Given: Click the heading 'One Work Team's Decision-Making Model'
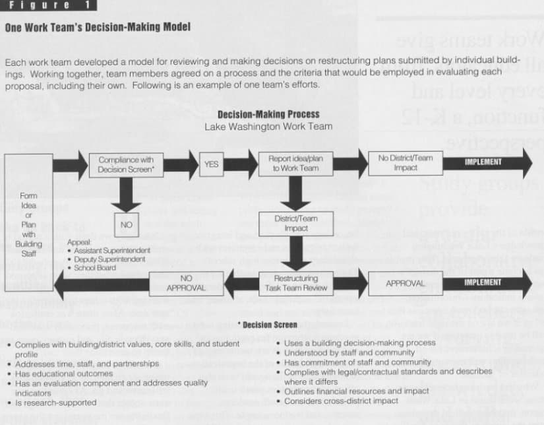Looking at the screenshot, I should point(98,28).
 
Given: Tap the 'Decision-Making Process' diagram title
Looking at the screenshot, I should point(268,114).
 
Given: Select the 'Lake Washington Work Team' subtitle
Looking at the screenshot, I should point(268,126).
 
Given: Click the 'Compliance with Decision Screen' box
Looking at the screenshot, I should point(126,164).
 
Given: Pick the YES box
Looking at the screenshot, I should point(211,164).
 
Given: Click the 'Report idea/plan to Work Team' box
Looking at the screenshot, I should point(296,164).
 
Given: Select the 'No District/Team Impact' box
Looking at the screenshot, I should point(405,163).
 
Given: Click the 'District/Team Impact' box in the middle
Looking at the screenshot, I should point(296,223).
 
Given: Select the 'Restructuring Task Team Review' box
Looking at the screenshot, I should point(296,283).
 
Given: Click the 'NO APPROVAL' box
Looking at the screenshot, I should point(186,283).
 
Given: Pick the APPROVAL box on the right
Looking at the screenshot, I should point(405,283).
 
